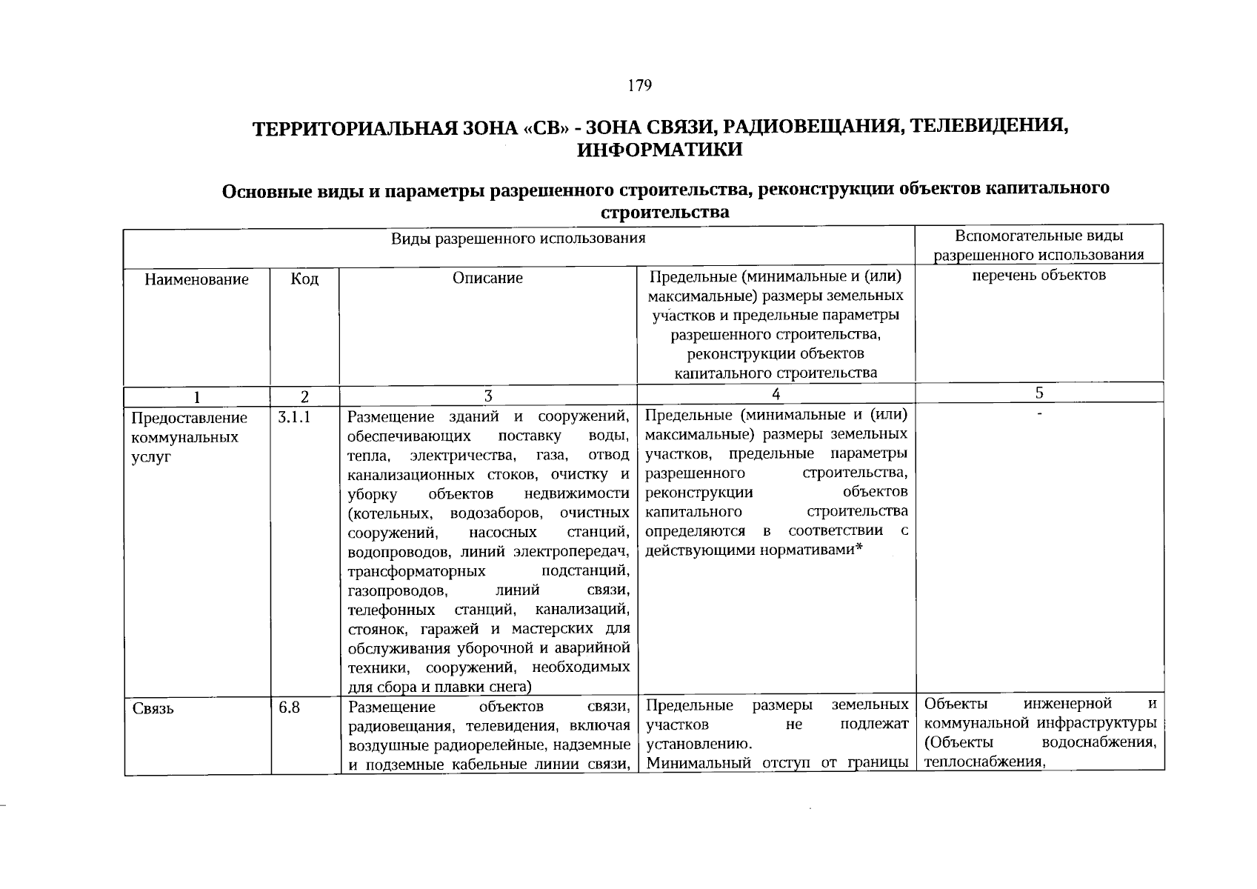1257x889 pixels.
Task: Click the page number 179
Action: click(x=639, y=86)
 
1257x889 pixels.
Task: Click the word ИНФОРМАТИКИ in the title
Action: click(x=659, y=150)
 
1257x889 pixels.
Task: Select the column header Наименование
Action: click(x=196, y=280)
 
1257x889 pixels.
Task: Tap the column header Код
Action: click(x=304, y=279)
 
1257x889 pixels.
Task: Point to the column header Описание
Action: click(x=487, y=278)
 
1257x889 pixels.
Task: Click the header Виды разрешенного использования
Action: click(x=519, y=239)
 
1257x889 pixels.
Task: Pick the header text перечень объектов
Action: click(x=1039, y=275)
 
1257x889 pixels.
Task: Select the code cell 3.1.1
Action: click(x=294, y=417)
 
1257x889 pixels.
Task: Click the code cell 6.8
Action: click(x=289, y=707)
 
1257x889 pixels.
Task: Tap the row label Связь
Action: click(x=153, y=708)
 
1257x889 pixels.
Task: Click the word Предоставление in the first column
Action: click(x=189, y=418)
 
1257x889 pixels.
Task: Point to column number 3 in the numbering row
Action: click(x=488, y=396)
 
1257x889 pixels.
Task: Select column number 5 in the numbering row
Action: click(x=1040, y=393)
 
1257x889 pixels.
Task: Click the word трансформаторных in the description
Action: click(x=416, y=572)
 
